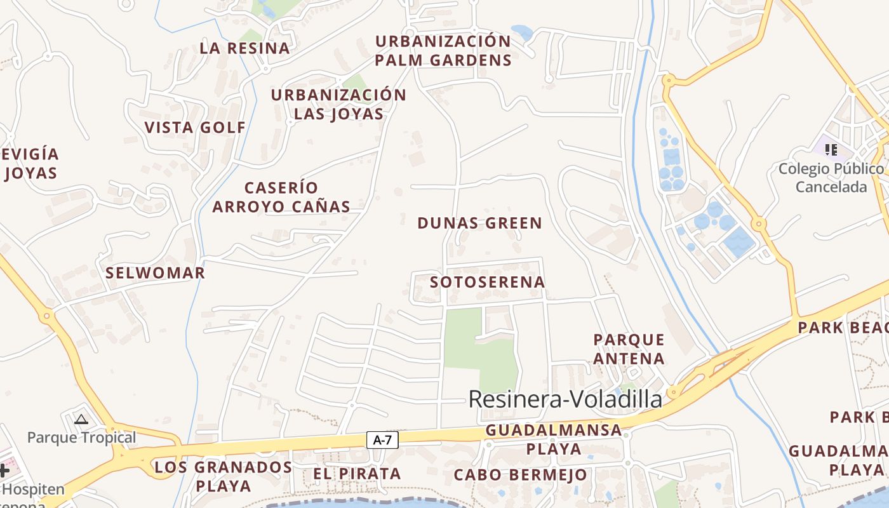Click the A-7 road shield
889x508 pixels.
pos(382,439)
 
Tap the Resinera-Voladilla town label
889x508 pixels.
pos(565,399)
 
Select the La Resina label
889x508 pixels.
pos(244,48)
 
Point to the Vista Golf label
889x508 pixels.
pos(195,127)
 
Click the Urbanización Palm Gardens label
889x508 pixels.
pos(443,51)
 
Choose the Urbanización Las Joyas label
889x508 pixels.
pos(338,104)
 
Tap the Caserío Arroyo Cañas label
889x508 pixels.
pos(281,197)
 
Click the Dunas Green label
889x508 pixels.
pos(479,223)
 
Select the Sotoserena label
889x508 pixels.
pos(487,282)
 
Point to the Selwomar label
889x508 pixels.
pos(155,273)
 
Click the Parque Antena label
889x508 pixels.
pos(629,349)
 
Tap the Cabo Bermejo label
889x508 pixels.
pos(521,475)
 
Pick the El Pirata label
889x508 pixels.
pos(357,474)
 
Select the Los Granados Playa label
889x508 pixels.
pos(223,476)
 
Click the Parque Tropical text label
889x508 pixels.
pos(81,438)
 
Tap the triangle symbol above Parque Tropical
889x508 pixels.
pos(81,419)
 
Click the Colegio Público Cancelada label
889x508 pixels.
pos(831,178)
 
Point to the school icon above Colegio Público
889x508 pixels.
pos(831,150)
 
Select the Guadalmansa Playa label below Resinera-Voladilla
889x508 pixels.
pos(553,439)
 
